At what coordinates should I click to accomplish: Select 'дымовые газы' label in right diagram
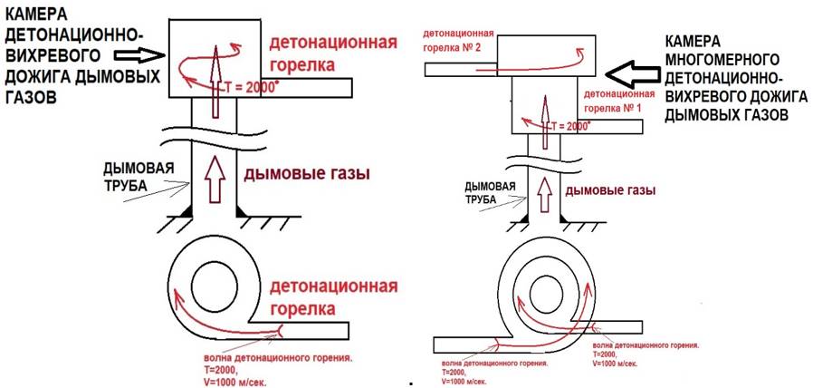609,192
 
